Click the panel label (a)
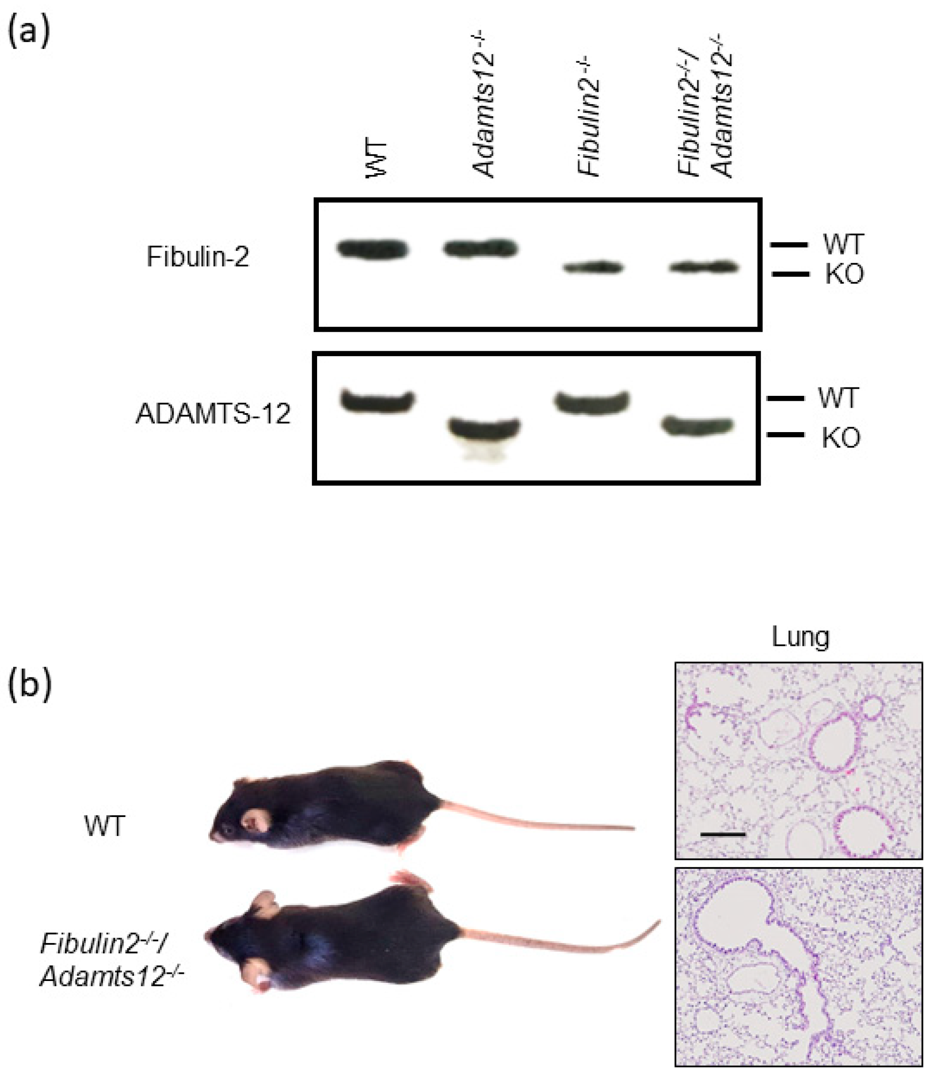coord(29,31)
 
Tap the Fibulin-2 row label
coord(197,257)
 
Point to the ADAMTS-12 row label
coord(213,414)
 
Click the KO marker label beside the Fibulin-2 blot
coord(844,275)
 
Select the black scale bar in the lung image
coord(723,835)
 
